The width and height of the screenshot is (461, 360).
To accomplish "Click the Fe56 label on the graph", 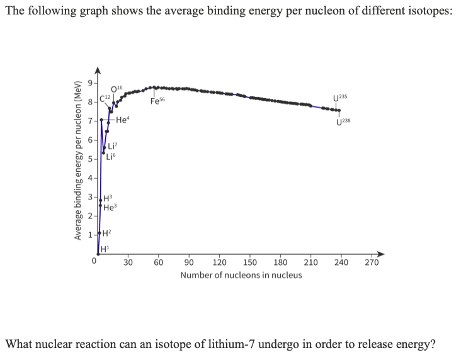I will pos(157,101).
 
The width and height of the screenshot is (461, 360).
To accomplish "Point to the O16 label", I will pos(117,87).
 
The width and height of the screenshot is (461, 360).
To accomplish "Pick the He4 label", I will pos(123,120).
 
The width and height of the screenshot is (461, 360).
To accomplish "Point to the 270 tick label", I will pos(372,263).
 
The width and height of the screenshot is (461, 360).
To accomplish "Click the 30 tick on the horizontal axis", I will pos(128,263).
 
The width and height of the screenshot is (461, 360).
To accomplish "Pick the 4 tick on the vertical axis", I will pos(89,179).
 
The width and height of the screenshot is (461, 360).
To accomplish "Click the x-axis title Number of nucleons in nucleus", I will pos(241,275).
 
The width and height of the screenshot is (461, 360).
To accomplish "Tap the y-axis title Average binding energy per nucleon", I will pos(79,160).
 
